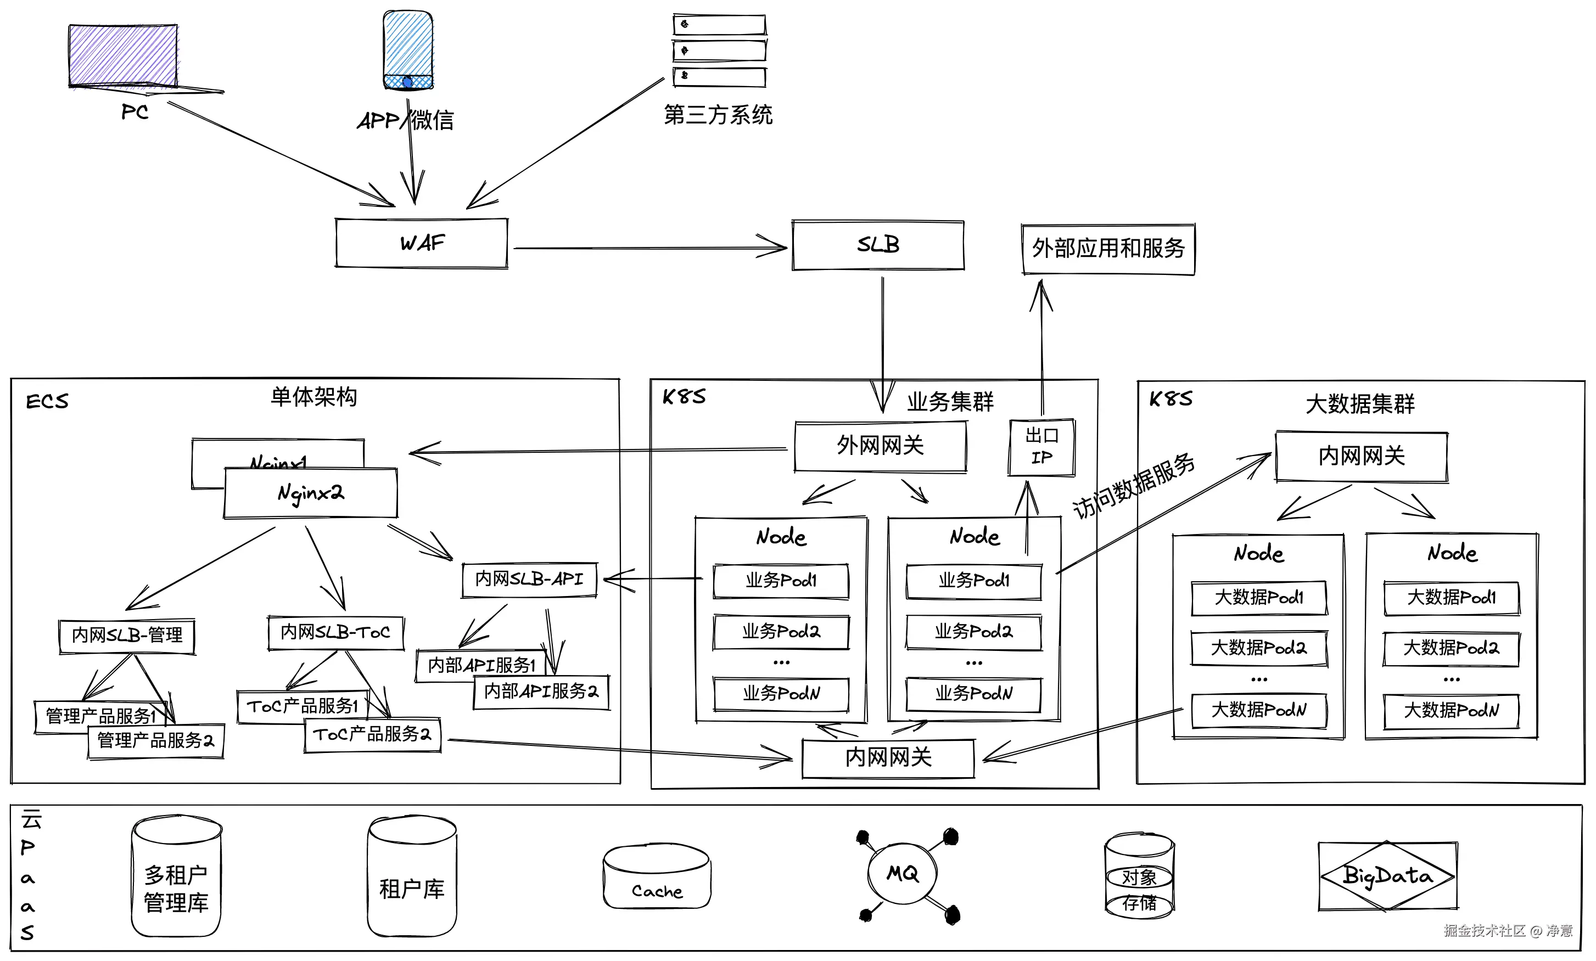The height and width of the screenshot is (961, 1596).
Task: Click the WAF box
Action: [x=421, y=244]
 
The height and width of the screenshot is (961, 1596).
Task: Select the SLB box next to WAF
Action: [x=878, y=245]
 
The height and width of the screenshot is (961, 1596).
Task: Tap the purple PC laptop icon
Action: [x=123, y=57]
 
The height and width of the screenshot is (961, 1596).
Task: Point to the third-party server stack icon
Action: [x=719, y=50]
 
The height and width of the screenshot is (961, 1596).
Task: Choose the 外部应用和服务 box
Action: [x=1107, y=249]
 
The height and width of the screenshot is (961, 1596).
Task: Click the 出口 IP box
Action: [x=1041, y=447]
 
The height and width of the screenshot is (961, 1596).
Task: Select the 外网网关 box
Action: [x=880, y=446]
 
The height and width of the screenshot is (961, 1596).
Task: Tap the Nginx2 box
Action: [x=311, y=493]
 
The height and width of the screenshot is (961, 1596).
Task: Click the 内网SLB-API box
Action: [x=529, y=579]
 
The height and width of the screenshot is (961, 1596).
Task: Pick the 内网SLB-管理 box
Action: [x=127, y=636]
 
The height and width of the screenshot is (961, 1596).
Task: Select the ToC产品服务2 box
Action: [x=372, y=734]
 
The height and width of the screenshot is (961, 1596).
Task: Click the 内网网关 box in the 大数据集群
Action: [x=1362, y=457]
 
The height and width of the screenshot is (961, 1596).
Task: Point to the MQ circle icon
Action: [x=902, y=874]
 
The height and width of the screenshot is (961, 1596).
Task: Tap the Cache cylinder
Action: [x=657, y=878]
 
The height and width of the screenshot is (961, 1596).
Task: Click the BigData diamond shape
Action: [x=1387, y=875]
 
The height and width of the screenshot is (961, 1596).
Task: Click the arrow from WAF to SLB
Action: [x=648, y=248]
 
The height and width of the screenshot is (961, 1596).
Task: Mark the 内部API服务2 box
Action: [x=541, y=692]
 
